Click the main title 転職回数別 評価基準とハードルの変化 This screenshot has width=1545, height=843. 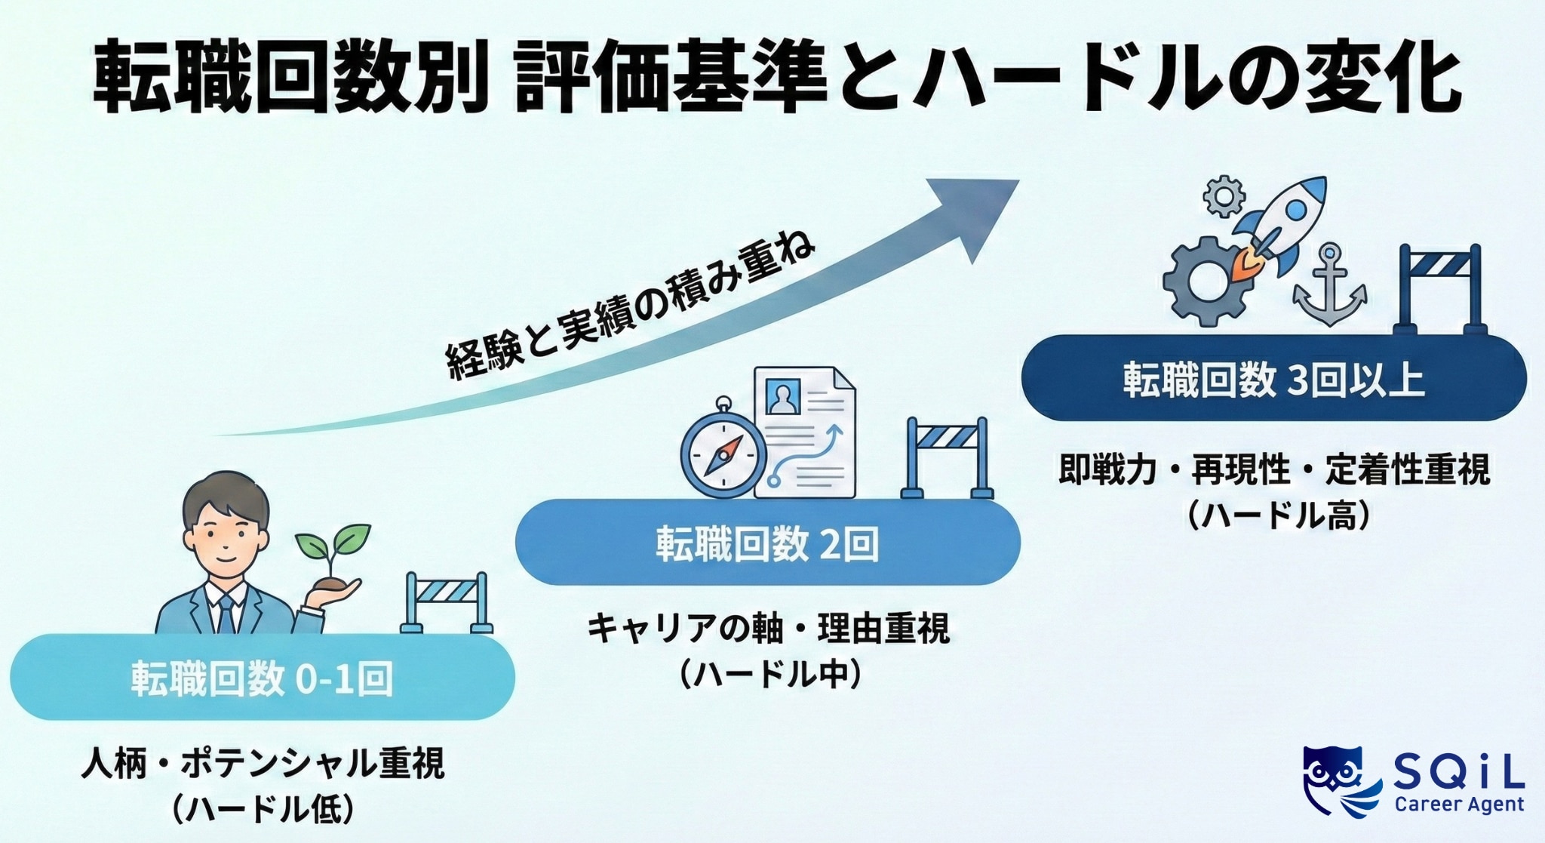click(x=777, y=78)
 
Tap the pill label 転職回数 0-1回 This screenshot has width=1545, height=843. click(x=262, y=678)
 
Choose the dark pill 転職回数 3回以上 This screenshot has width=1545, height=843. click(x=1273, y=379)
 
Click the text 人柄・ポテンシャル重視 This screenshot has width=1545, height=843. click(x=263, y=763)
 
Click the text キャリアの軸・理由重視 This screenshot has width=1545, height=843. click(x=768, y=628)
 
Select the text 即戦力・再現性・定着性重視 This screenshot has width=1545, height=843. click(x=1274, y=469)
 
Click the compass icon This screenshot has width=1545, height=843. click(x=723, y=454)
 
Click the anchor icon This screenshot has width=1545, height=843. click(x=1329, y=286)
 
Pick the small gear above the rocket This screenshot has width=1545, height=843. click(x=1224, y=196)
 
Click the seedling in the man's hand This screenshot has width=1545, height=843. click(x=332, y=551)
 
